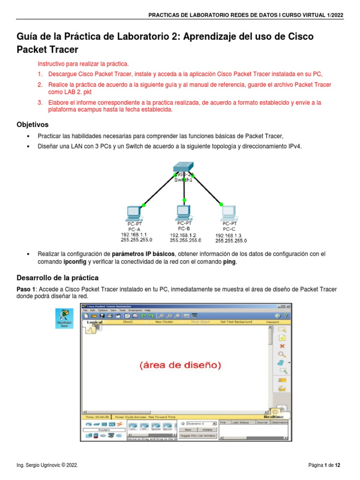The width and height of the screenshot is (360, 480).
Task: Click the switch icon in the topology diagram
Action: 183,166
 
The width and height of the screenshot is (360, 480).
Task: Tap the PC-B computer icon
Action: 183,212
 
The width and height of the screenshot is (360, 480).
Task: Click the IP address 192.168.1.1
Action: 134,234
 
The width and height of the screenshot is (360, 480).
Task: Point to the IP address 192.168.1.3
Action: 228,235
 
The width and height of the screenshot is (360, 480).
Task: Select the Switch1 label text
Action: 184,180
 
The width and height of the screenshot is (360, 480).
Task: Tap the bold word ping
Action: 229,262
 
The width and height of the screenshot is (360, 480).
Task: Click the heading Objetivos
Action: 32,125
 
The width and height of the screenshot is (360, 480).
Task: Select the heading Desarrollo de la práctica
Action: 58,278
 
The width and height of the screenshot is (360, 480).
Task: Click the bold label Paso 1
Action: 26,289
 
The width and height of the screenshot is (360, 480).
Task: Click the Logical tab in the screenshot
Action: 95,322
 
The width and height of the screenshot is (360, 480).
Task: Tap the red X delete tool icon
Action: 282,345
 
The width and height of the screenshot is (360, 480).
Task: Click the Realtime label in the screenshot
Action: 273,416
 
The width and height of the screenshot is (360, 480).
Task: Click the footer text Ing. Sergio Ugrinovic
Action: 47,465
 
